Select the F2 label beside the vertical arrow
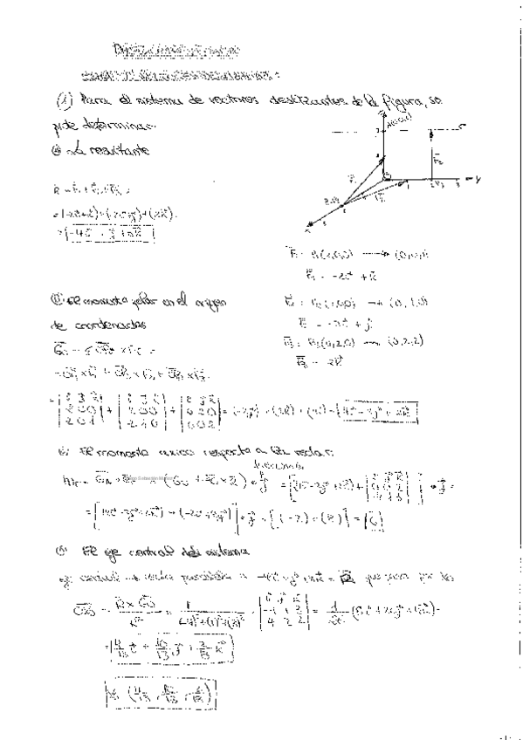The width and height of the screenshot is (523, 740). tap(439, 161)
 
